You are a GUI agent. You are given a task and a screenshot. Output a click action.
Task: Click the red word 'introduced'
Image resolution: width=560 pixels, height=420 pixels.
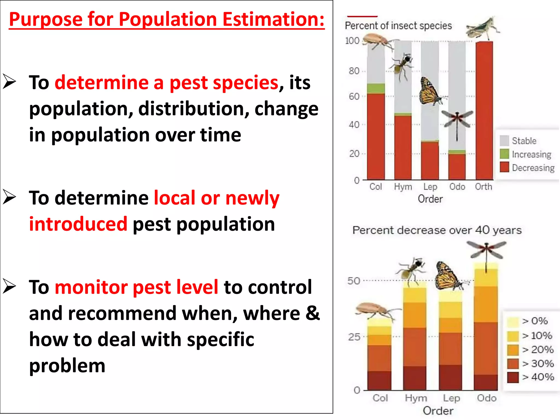pos(78,224)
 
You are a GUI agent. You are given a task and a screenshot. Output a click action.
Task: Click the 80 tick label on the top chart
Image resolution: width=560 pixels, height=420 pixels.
pos(354,71)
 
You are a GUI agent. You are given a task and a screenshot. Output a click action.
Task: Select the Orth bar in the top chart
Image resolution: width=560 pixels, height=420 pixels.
pos(484,110)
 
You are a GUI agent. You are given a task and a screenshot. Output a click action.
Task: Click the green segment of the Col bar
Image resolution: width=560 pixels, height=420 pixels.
pos(376,89)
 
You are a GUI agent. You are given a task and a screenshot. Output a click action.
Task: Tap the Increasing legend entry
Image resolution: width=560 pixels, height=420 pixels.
pos(531,154)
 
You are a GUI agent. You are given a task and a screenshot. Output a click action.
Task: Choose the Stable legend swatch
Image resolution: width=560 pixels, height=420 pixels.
pos(504,141)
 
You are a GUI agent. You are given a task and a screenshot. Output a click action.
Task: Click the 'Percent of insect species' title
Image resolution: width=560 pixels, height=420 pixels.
pos(398,26)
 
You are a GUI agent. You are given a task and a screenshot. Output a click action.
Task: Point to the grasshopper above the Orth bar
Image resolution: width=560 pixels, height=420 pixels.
pos(482,28)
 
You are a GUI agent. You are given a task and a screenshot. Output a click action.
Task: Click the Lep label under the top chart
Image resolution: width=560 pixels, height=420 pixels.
pos(430,187)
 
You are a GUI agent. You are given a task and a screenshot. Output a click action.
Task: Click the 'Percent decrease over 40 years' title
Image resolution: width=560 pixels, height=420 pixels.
pos(437,230)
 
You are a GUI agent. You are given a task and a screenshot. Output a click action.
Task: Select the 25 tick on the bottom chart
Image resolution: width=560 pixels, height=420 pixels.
pos(354,337)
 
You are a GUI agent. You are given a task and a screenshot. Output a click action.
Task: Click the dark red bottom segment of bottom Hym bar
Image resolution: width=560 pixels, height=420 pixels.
pos(415,378)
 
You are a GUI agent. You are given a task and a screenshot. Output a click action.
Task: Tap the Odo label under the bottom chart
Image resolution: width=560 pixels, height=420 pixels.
pos(486,398)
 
